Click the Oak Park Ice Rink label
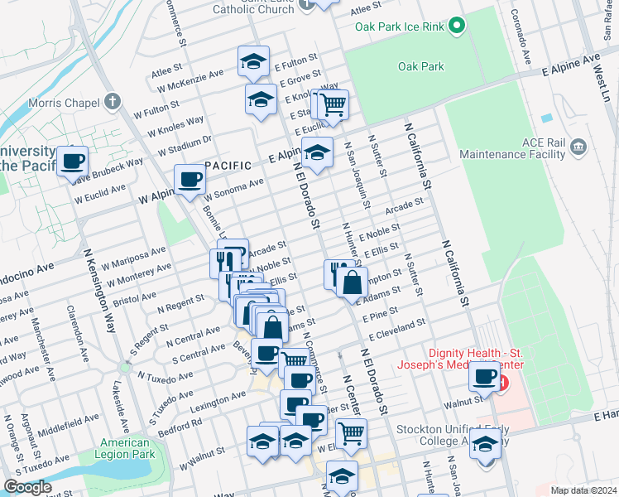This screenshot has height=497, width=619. [x=401, y=27]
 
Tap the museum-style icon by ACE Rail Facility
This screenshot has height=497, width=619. [x=578, y=148]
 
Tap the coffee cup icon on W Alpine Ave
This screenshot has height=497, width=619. [x=190, y=179]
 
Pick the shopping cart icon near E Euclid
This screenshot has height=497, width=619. [x=333, y=104]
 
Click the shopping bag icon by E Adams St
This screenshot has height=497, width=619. [x=352, y=282]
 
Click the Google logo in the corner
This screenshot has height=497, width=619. [x=27, y=487]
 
